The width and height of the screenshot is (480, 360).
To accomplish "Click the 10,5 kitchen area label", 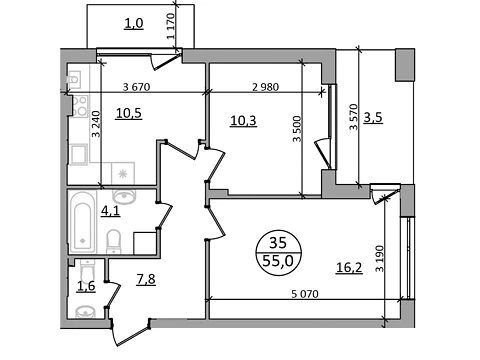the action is pos(129,113).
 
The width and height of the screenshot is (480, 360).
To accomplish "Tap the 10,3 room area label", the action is pos(243,120).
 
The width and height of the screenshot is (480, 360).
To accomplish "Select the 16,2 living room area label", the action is pos(349,267).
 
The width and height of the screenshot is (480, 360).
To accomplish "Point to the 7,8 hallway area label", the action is pos(146,279).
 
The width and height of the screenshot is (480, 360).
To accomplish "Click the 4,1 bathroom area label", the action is pos(111,211).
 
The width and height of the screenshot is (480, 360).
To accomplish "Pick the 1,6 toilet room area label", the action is pos(86,286).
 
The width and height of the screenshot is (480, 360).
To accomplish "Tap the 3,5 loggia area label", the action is pos(373,118).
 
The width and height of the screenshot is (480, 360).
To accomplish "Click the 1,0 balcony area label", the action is pos(134,23).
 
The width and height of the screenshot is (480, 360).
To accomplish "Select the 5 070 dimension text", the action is pos(305,294).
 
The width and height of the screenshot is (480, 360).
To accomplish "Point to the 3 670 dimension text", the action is pos(137,87).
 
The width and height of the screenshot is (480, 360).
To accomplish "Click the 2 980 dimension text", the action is pos(265,87).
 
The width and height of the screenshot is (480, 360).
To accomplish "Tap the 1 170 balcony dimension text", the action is pos(171,26).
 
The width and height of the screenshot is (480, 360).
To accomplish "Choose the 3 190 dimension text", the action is pos(380,259).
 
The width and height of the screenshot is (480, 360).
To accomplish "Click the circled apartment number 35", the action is pos(278,243).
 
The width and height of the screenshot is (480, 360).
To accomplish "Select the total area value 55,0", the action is pos(278,260).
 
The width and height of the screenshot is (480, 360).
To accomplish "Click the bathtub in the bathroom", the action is pos(82,222).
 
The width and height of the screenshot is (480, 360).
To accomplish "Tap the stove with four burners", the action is pos(80,106).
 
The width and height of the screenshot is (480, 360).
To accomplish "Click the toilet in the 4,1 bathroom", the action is pos(114,242).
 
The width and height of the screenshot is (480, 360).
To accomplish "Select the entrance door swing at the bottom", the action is pos(130,333).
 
